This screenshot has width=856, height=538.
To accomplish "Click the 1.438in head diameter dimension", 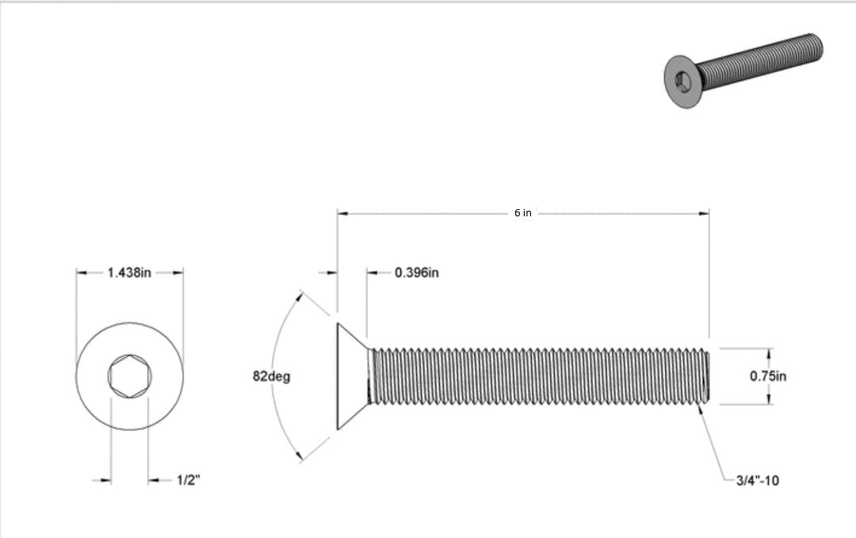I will click(x=129, y=273).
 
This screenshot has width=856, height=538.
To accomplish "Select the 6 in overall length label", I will click(x=522, y=213).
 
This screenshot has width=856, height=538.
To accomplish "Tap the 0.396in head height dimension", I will click(x=417, y=273).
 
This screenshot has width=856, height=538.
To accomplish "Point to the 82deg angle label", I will click(x=271, y=376).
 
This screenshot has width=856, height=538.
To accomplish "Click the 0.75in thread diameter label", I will click(x=768, y=376).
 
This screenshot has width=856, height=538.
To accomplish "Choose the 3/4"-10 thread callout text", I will click(x=757, y=480).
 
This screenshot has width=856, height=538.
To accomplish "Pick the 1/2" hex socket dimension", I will click(x=188, y=480).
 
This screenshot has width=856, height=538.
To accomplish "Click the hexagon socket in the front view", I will click(x=129, y=376).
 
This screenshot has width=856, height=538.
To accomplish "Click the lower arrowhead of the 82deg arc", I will click(x=300, y=457).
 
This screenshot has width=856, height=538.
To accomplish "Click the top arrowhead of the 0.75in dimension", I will click(x=768, y=352).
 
